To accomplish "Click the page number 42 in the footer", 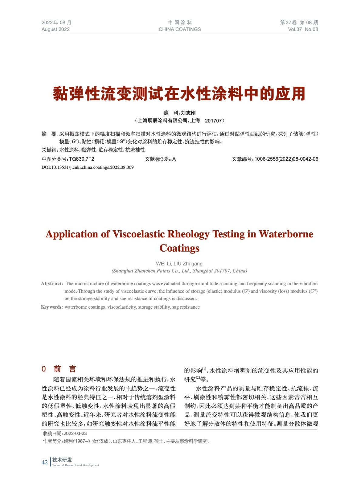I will point(45,462).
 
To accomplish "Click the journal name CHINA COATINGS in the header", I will point(180,29).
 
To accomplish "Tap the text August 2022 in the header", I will point(56,29).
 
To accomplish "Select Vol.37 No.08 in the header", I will point(303,29).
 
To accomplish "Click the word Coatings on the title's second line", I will point(180,248).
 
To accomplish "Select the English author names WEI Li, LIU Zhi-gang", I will point(179,264).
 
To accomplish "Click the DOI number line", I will point(87,167).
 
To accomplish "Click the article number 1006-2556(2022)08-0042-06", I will point(286,159).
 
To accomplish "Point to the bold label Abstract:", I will point(52,284).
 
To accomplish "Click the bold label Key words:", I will point(52,307).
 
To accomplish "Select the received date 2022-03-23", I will point(75,433).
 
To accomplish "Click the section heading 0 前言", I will point(59,369).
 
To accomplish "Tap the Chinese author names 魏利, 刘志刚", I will point(180,113).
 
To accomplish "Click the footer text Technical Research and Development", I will point(76,465).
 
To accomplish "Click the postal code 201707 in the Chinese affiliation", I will point(213,121).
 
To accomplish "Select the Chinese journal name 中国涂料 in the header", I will point(180,22).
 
